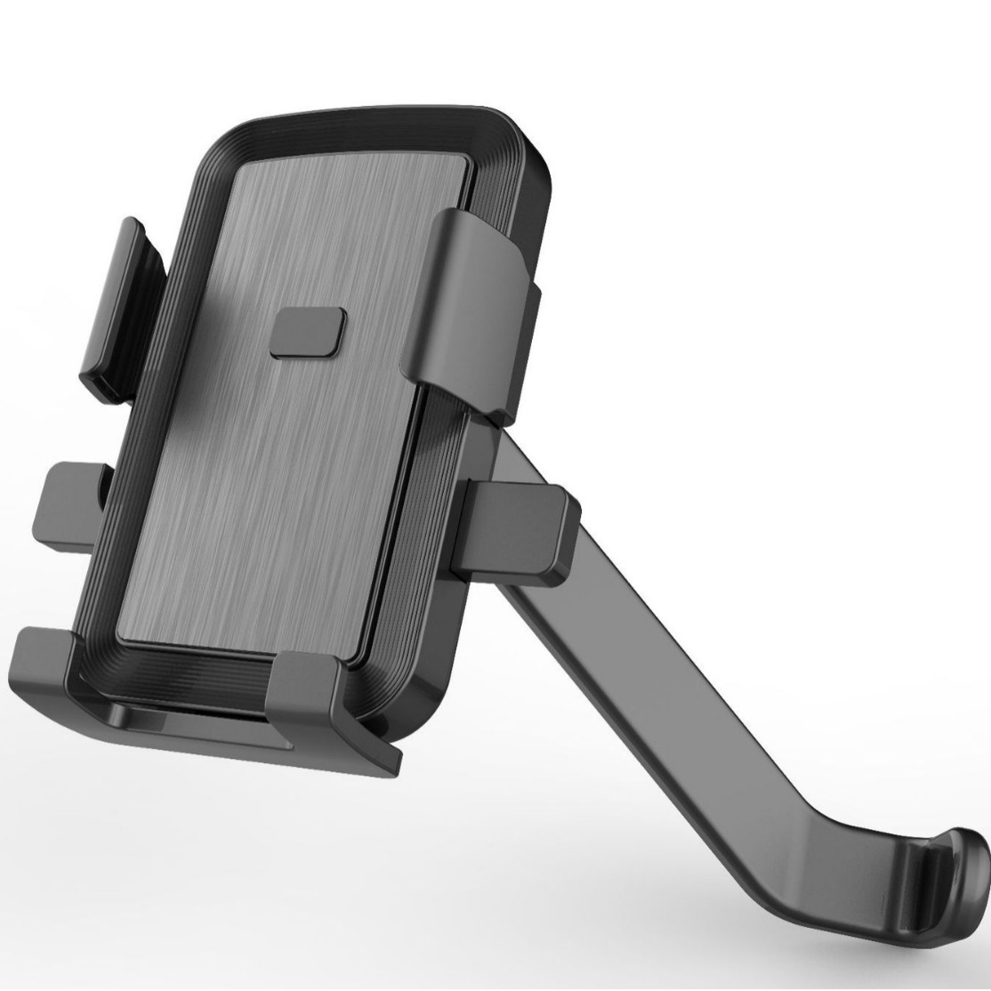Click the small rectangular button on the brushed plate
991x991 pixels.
pyautogui.click(x=310, y=333)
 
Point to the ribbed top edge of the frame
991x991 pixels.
pyautogui.click(x=374, y=125)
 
